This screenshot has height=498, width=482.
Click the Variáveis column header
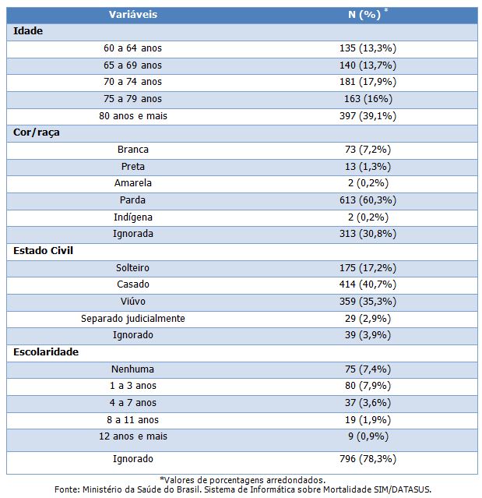point(133,15)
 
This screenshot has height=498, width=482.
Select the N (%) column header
point(364,15)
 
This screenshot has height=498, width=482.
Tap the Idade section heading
point(28,31)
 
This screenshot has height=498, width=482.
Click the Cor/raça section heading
point(37,132)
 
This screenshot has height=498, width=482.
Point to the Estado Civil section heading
point(43,251)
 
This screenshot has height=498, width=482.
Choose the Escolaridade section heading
point(46,352)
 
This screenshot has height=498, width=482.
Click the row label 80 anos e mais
point(133,116)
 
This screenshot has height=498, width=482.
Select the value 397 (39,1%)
point(368,116)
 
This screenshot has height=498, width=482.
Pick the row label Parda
point(132,200)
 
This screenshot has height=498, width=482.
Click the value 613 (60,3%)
point(368,200)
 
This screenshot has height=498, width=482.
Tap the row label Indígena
point(133,217)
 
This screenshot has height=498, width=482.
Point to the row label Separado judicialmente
point(133,319)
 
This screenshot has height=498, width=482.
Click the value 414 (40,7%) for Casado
point(368,284)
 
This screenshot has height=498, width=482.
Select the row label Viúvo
point(133,302)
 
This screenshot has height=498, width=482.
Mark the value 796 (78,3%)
point(368,459)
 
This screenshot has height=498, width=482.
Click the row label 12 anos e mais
point(133,436)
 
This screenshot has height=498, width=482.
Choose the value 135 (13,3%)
point(368,48)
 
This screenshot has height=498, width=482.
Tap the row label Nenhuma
point(132,369)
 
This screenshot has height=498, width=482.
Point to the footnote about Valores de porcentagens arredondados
point(242,480)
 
